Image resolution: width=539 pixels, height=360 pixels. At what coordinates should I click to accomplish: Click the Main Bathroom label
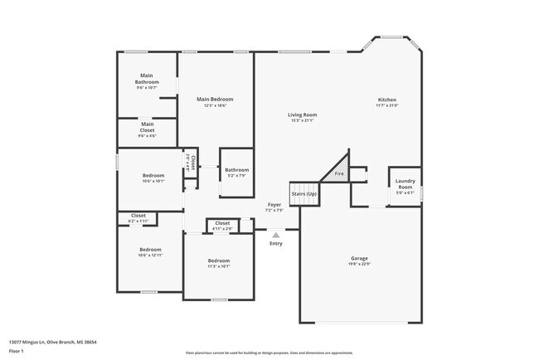point(146,79)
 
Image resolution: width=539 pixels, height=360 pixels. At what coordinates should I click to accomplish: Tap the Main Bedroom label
point(214,100)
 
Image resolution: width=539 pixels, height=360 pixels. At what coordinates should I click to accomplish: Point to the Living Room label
point(303,115)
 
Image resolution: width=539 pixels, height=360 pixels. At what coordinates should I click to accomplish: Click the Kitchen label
point(386,100)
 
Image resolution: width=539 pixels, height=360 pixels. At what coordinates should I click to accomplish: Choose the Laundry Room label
point(405,183)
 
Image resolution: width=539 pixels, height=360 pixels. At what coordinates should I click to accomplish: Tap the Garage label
point(359,259)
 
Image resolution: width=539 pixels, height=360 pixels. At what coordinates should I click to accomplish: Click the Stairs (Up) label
point(303,193)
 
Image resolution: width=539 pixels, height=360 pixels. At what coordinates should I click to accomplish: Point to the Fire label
point(338,173)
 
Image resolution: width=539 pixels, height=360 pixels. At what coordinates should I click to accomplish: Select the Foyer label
point(274,204)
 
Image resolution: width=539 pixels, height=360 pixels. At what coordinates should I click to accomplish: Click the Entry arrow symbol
point(275,235)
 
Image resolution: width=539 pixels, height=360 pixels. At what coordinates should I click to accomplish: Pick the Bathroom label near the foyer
point(236,169)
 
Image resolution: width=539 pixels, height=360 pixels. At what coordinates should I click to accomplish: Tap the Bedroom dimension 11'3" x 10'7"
point(219,266)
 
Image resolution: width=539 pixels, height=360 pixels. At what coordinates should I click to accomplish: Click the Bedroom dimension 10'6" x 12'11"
point(150,255)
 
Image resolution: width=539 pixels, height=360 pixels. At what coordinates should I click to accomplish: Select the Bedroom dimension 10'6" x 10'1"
point(153,180)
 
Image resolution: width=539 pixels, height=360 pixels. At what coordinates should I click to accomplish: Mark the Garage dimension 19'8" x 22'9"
point(359,264)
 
